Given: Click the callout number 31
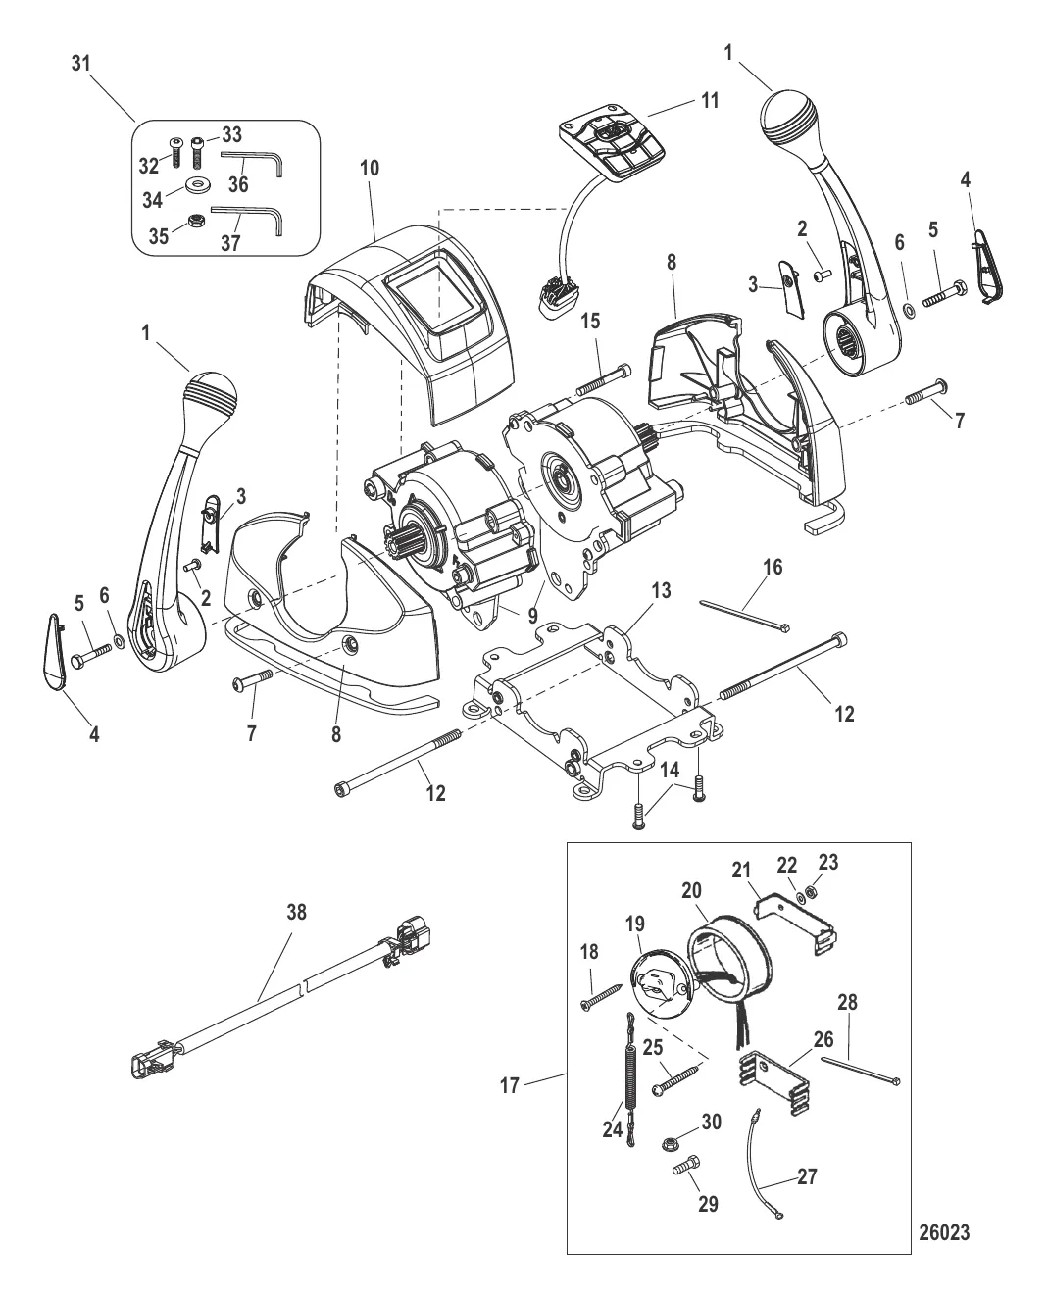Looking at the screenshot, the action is click(81, 63).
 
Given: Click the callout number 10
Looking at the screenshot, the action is click(370, 168).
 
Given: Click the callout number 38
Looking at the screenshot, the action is click(296, 912).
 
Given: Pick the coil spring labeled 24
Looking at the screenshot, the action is click(629, 1078).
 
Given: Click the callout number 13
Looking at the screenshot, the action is click(661, 590).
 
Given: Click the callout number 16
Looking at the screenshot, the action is click(773, 567).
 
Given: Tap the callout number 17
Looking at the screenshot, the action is click(510, 1085).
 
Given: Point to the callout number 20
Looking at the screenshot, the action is click(691, 890).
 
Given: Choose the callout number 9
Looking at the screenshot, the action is click(532, 616).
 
